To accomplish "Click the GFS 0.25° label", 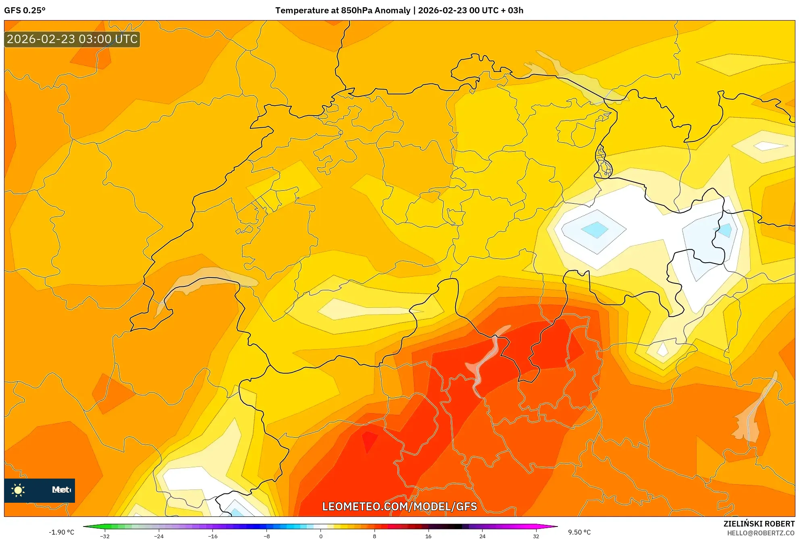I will click(25, 10).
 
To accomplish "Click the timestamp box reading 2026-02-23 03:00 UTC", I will click(72, 39).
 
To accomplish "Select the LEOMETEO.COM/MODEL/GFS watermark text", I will click(399, 506).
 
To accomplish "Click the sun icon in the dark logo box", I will click(18, 490).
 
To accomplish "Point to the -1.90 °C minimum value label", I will click(61, 532).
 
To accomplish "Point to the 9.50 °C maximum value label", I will click(579, 532).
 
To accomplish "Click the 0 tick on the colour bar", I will click(320, 536).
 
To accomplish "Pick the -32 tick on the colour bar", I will click(105, 536).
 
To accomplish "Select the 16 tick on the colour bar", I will click(428, 536).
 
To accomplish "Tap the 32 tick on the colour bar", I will click(536, 536).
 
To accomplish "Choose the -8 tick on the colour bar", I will click(266, 536).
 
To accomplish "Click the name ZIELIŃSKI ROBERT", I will click(759, 524).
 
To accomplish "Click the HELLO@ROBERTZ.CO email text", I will click(760, 533).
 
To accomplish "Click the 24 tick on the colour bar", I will click(482, 536).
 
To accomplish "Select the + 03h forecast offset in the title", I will click(512, 10).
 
